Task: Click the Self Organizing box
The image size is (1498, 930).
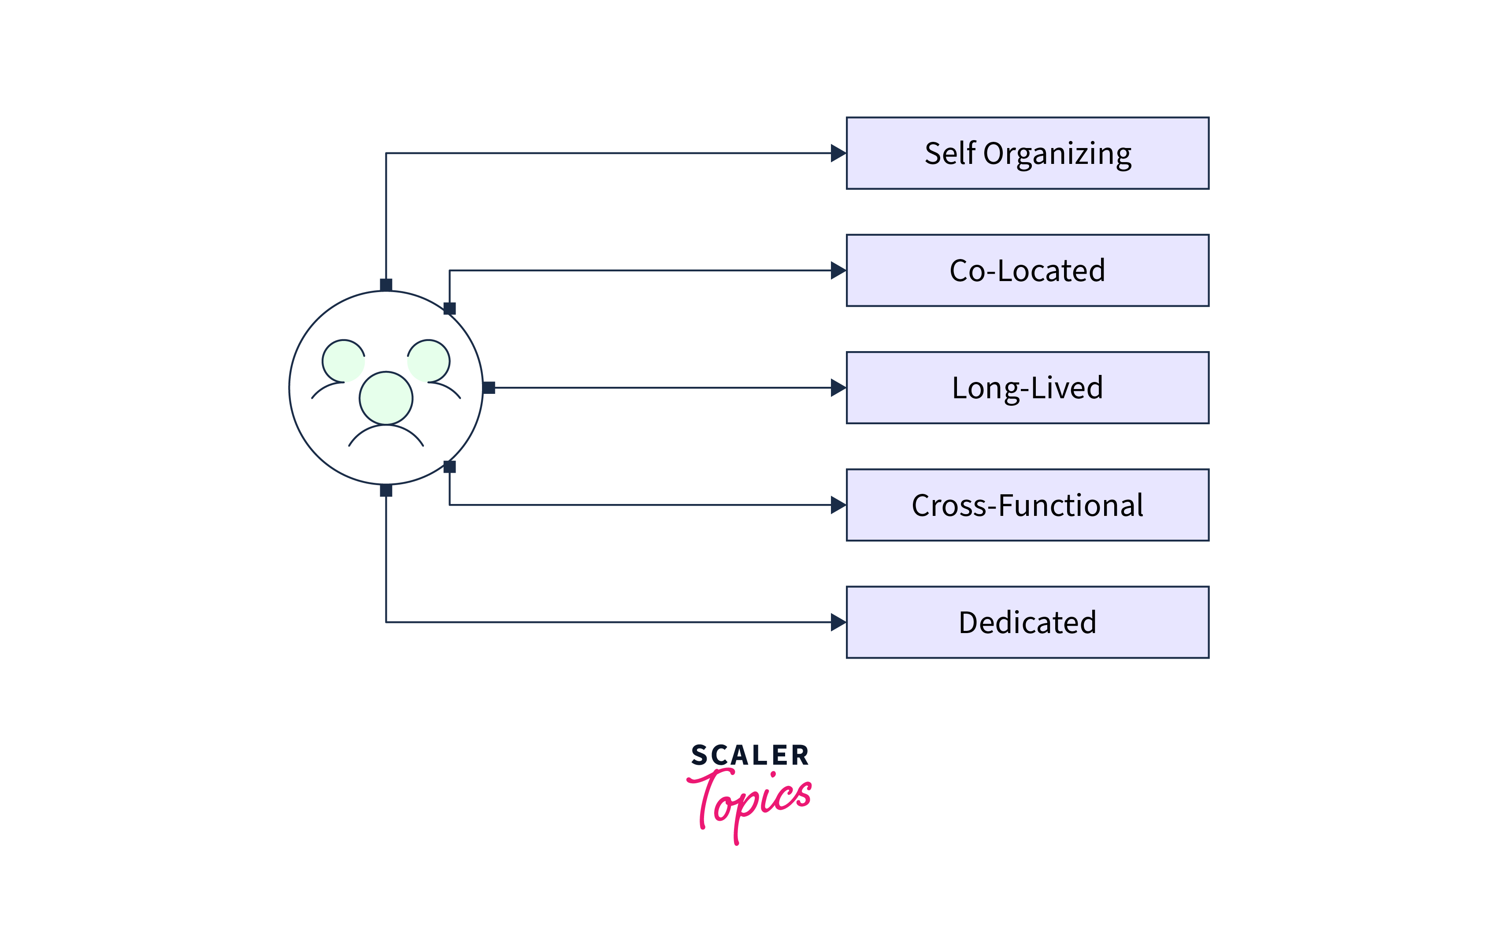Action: (1027, 153)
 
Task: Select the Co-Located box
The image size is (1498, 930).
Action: (1027, 270)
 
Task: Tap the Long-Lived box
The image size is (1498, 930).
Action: (1027, 388)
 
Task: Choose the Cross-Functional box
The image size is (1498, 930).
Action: (1027, 505)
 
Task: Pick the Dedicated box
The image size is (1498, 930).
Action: (1027, 622)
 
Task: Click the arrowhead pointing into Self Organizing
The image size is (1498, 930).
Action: (838, 153)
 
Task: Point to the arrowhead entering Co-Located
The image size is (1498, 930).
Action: (838, 270)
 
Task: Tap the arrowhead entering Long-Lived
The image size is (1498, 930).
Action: (838, 388)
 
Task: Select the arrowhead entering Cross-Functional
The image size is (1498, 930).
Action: (838, 505)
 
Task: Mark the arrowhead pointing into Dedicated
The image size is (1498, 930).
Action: (838, 622)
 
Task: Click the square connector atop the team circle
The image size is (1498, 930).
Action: (386, 285)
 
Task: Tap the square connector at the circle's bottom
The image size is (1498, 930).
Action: (386, 490)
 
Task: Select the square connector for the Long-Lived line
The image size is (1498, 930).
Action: (489, 388)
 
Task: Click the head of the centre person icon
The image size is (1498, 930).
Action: (386, 398)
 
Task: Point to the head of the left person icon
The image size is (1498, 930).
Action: (343, 361)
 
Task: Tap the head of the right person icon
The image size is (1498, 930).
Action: (429, 361)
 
